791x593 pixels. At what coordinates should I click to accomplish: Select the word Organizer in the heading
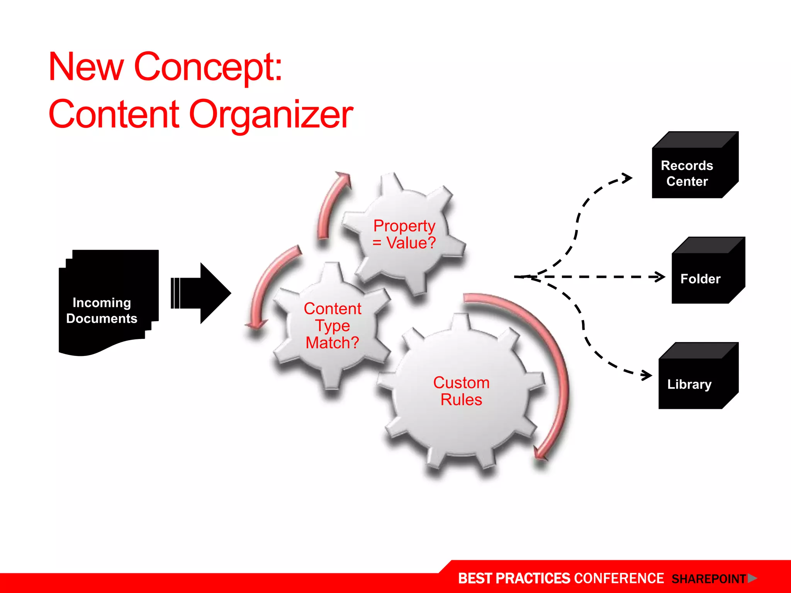[271, 115]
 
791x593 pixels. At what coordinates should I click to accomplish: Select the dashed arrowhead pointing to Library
[647, 374]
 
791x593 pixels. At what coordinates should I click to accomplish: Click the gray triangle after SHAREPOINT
[752, 578]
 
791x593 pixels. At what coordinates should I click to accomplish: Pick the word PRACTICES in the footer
[533, 578]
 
